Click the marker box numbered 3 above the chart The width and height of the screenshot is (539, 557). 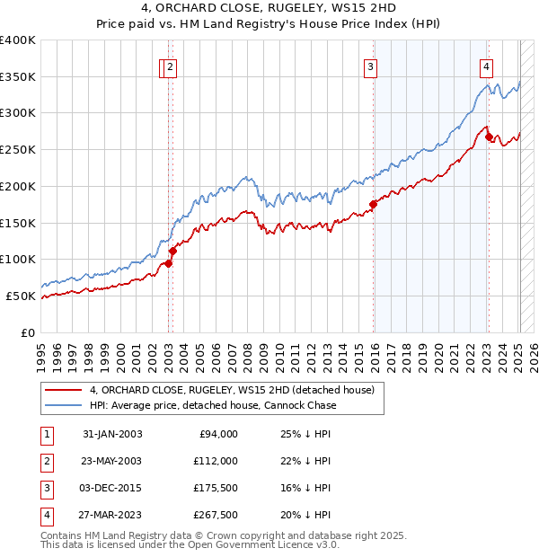click(x=370, y=66)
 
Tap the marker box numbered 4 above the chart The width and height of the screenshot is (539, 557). click(x=486, y=66)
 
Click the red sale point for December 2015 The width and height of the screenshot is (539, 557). click(x=373, y=204)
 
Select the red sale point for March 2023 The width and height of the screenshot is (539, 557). click(x=489, y=137)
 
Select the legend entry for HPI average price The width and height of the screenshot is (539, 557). click(x=212, y=405)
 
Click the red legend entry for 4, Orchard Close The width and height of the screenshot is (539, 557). click(x=237, y=390)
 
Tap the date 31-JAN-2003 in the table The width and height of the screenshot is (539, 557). click(x=112, y=434)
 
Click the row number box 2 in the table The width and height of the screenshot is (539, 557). click(x=46, y=461)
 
